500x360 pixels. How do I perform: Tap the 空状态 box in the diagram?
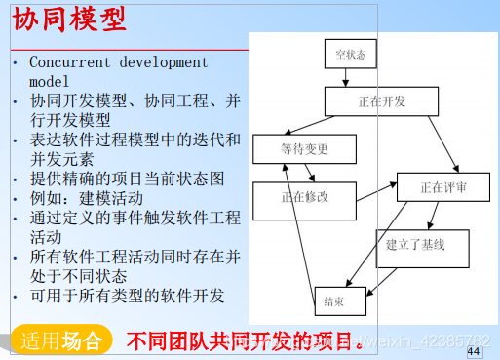350,55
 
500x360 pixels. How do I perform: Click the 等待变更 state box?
304,148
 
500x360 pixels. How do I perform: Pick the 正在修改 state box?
304,197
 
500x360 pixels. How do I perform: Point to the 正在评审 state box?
443,186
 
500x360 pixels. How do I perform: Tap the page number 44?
475,350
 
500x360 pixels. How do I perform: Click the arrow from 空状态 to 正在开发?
349,78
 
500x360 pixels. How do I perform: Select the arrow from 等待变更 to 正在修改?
308,172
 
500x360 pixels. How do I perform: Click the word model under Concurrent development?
49,81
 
